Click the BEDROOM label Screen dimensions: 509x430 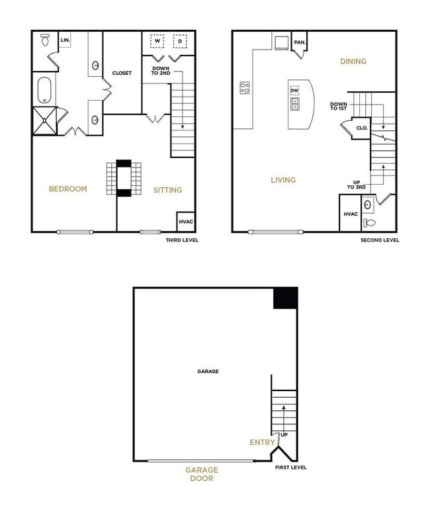click(68, 189)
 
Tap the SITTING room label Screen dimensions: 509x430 click(167, 190)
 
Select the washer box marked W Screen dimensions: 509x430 click(158, 41)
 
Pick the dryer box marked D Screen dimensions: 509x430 click(179, 41)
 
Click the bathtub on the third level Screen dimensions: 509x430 click(45, 90)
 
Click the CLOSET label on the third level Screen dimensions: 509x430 click(122, 73)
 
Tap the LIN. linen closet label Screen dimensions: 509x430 click(65, 40)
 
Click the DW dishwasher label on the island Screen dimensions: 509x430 click(294, 91)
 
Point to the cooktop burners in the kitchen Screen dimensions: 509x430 click(244, 87)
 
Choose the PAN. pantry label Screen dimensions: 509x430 click(300, 42)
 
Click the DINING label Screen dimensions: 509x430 click(353, 62)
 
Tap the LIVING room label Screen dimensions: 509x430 click(282, 180)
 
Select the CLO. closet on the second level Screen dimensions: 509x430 click(362, 128)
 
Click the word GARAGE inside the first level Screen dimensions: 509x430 click(208, 371)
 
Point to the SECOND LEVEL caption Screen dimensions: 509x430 click(380, 240)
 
